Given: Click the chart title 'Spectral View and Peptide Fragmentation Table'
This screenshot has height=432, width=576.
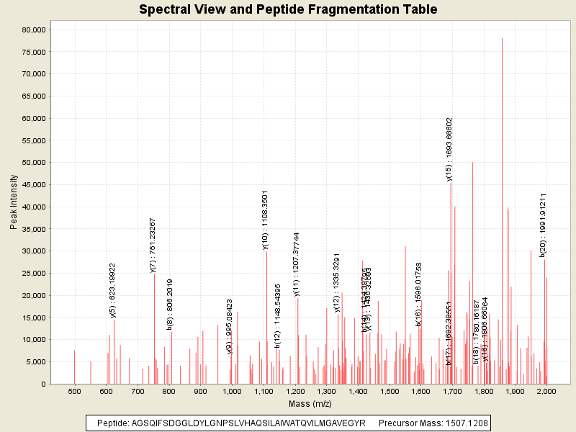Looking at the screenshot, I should pyautogui.click(x=288, y=9).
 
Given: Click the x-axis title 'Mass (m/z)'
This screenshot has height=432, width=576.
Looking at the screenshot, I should pyautogui.click(x=310, y=404).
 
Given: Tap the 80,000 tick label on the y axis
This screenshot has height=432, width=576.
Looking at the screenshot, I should pyautogui.click(x=32, y=30).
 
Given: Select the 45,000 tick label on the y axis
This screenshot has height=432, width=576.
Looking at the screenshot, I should pyautogui.click(x=32, y=184).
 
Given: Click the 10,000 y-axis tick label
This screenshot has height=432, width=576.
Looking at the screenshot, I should pyautogui.click(x=32, y=339).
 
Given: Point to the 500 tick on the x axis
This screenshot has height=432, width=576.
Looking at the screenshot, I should pyautogui.click(x=74, y=391).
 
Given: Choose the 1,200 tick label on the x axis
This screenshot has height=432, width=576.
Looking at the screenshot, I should pyautogui.click(x=294, y=391).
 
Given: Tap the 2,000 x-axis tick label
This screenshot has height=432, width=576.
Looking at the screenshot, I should pyautogui.click(x=546, y=391).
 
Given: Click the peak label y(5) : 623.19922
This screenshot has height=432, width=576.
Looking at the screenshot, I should pyautogui.click(x=113, y=290).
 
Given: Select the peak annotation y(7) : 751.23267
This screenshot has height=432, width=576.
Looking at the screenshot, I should pyautogui.click(x=153, y=245).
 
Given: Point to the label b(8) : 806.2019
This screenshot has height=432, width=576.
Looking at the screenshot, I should pyautogui.click(x=170, y=305).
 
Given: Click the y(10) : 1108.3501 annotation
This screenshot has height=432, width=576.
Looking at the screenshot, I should pyautogui.click(x=265, y=220).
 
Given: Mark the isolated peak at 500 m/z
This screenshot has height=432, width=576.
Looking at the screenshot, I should pyautogui.click(x=74, y=367).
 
